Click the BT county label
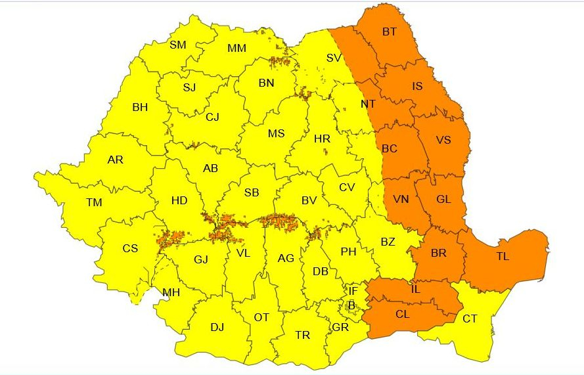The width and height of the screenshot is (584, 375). [390, 31]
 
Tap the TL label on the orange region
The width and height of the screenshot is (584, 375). [503, 257]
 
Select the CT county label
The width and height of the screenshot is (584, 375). [470, 319]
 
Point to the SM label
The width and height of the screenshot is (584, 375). [178, 45]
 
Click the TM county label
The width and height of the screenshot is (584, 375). [94, 202]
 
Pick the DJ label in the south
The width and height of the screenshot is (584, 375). [217, 326]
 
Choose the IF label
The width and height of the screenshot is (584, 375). [353, 290]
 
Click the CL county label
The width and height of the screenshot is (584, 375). [403, 314]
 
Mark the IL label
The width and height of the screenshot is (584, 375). [416, 288]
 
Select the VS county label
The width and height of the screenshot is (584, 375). [443, 140]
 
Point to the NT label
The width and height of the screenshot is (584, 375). [368, 104]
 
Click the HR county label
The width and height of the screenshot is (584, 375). [322, 139]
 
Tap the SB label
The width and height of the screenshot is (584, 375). [252, 192]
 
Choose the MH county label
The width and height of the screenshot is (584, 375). [171, 292]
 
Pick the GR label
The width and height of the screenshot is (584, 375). [340, 327]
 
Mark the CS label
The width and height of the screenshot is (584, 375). [130, 248]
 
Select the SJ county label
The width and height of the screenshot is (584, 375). [189, 87]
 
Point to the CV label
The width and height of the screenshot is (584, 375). [347, 187]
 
